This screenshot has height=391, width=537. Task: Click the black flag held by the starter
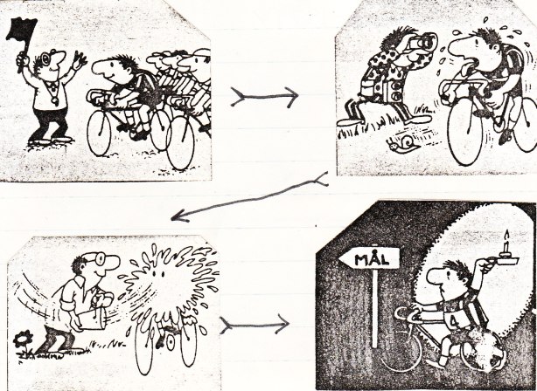coord(21,30)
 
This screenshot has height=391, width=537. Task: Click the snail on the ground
coord(403,143)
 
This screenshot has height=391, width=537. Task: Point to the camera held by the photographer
coord(423,42)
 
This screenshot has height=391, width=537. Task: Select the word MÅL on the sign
coord(371,259)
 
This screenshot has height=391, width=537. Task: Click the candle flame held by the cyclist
coord(507,235)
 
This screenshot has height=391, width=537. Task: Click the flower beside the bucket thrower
coord(24,340)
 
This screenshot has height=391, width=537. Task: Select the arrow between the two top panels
coord(264,97)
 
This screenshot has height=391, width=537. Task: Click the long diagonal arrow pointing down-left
coord(249,199)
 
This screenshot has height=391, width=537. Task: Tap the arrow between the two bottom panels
coord(255,324)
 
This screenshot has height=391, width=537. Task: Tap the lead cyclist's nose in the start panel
coord(100,69)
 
